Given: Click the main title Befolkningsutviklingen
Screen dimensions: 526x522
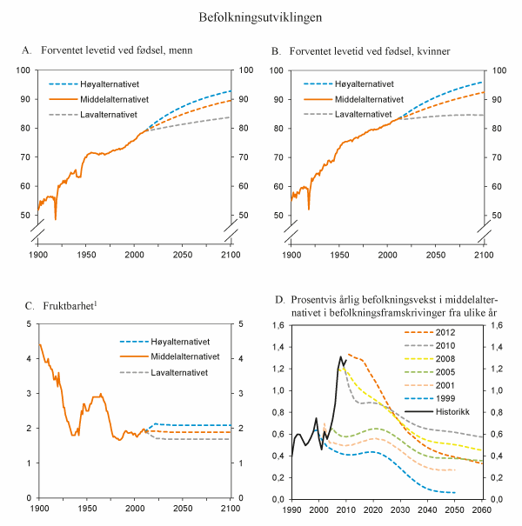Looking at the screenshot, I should tap(261, 17).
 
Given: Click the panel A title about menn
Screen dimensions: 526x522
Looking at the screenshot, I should tap(107, 52).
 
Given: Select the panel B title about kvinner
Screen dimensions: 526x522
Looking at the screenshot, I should tap(360, 52).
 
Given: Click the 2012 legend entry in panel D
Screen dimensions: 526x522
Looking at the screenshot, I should tap(444, 331).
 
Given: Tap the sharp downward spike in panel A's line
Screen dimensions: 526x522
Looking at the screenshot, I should tap(56, 219).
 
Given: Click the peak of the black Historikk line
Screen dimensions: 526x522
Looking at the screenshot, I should tap(340, 356).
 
